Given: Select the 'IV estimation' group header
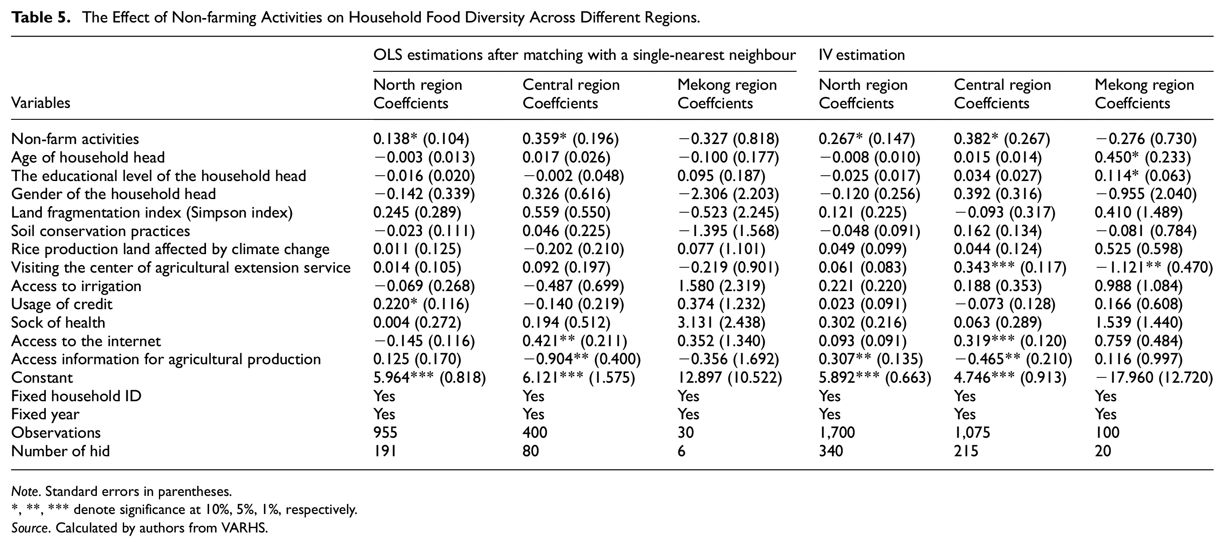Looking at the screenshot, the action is pyautogui.click(x=862, y=55).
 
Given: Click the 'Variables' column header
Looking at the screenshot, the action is pyautogui.click(x=40, y=103).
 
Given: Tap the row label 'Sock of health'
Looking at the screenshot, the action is pyautogui.click(x=58, y=322).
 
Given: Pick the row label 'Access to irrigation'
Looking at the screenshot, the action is pyautogui.click(x=76, y=286).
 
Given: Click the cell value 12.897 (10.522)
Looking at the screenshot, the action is pyautogui.click(x=729, y=378).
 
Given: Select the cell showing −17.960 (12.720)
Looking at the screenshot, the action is pyautogui.click(x=1154, y=378).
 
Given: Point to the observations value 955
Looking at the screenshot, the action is pyautogui.click(x=385, y=432).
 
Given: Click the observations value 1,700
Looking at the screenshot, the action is pyautogui.click(x=837, y=432).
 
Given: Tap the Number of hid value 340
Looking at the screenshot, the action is pyautogui.click(x=831, y=451).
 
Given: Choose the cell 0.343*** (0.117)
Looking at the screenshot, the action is pyautogui.click(x=1010, y=267).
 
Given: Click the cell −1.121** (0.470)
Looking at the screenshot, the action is pyautogui.click(x=1154, y=267).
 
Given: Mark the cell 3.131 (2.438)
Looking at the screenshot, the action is pyautogui.click(x=721, y=322).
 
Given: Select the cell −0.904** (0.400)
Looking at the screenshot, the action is pyautogui.click(x=581, y=359).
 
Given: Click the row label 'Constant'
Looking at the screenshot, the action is pyautogui.click(x=42, y=378).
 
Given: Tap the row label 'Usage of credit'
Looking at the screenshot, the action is pyautogui.click(x=62, y=304).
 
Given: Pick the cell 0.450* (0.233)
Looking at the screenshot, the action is pyautogui.click(x=1143, y=157).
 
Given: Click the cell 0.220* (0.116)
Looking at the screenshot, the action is pyautogui.click(x=421, y=304).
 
